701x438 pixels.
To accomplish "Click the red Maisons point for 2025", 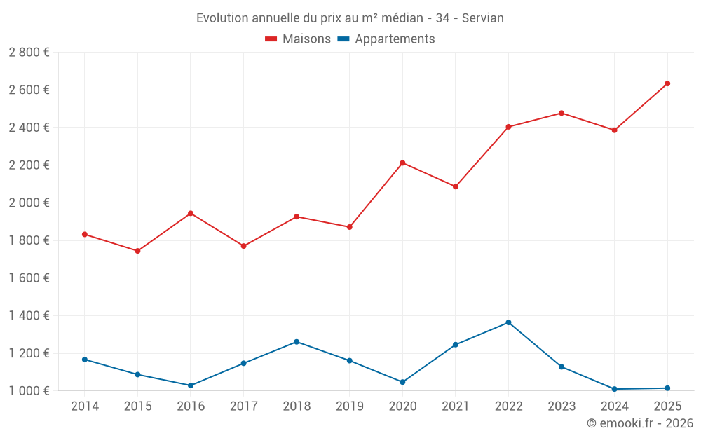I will [x=667, y=83].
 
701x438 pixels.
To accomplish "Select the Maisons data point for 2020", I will [x=402, y=163].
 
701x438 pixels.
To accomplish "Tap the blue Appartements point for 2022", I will [x=508, y=322].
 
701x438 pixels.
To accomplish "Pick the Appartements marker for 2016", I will [x=191, y=385].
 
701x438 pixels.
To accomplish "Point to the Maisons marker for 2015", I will [x=137, y=251].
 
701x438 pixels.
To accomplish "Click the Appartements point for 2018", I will [x=297, y=342].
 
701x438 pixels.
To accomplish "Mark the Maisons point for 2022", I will [x=508, y=127].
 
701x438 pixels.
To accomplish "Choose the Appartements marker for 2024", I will [x=614, y=389].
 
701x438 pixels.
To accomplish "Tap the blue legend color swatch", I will [x=343, y=39].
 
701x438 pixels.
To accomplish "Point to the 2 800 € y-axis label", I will [x=29, y=53].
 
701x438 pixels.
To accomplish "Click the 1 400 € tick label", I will [x=29, y=315].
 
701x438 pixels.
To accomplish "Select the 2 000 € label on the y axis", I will [x=29, y=203].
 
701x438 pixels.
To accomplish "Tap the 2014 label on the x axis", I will [x=85, y=406].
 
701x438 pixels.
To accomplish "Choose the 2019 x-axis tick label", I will [x=349, y=406].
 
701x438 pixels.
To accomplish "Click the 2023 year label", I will [x=562, y=406].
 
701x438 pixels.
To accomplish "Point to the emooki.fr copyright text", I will [x=639, y=423].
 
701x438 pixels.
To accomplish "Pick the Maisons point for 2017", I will [x=243, y=246].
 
